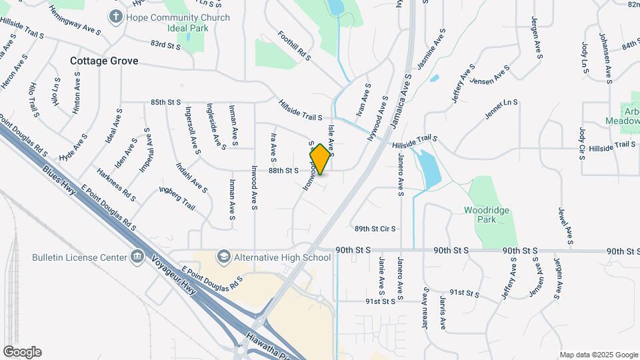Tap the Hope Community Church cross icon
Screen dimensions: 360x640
116,16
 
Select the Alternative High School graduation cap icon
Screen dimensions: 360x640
223,257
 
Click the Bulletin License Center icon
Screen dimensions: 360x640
137,257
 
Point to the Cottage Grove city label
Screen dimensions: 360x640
105,61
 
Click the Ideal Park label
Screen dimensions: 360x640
188,29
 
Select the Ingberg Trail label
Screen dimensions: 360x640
177,198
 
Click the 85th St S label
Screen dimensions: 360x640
166,102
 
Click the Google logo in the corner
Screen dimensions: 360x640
22,352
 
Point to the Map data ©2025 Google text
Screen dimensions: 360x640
598,355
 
